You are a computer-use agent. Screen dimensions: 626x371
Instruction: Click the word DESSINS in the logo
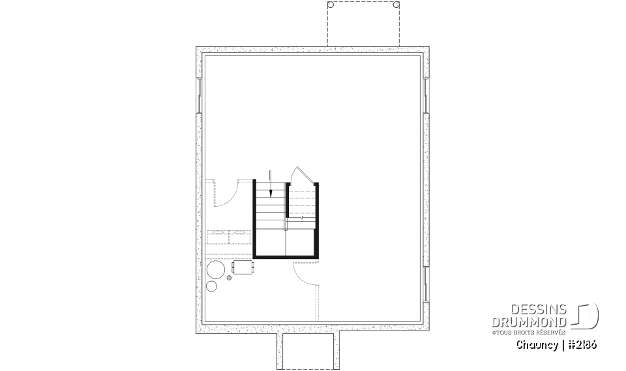pos(539,309)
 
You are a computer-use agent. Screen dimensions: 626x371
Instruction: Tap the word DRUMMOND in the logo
pos(529,322)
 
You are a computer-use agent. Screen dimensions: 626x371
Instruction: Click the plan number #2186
pos(582,345)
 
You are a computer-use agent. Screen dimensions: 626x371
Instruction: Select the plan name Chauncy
pos(537,345)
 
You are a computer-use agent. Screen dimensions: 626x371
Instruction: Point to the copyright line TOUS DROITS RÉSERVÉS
pos(529,332)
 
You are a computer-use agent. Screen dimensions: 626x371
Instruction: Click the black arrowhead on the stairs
pos(271,193)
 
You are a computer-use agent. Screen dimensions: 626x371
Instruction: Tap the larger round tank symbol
pos(216,270)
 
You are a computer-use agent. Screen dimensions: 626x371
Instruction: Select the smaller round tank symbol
pos(211,286)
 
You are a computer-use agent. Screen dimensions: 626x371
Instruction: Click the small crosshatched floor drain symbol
pos(229,278)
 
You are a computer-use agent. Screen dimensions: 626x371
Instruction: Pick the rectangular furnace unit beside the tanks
pos(243,267)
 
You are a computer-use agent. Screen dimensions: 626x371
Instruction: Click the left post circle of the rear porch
pos(331,5)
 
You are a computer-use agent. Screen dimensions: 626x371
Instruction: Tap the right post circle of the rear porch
pos(396,5)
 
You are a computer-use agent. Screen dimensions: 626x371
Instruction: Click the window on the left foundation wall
pos(199,96)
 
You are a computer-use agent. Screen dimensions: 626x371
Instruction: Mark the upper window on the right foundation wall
pos(426,96)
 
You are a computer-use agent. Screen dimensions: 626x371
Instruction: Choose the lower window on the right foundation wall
pos(426,284)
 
